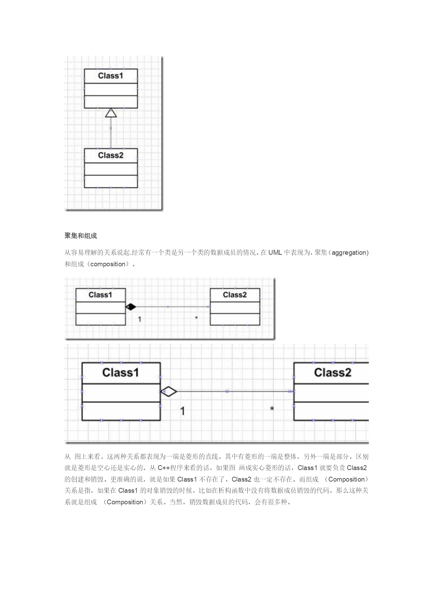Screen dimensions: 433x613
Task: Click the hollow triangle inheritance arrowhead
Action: (x=111, y=113)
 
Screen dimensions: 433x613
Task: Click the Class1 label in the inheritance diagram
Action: (x=111, y=75)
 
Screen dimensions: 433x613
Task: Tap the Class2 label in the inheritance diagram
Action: (x=111, y=155)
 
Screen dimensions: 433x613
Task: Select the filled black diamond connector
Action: (x=131, y=307)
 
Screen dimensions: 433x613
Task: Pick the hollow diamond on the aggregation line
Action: (x=169, y=392)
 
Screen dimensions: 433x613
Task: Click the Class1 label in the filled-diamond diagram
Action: (x=100, y=295)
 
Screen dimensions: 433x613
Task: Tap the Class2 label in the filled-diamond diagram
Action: (x=235, y=295)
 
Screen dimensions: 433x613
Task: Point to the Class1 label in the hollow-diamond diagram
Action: (x=121, y=373)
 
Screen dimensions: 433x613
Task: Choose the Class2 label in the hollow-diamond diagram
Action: (x=333, y=373)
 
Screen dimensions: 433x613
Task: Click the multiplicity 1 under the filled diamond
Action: (x=140, y=319)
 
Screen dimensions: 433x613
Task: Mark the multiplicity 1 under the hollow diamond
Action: (x=182, y=411)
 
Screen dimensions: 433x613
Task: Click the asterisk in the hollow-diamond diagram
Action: (x=272, y=409)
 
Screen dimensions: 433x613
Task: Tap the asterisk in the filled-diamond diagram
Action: (x=196, y=318)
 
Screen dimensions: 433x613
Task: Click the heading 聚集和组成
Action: (x=81, y=236)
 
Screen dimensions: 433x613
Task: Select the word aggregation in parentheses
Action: (x=349, y=253)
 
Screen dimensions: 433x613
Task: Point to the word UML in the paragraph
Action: (x=275, y=252)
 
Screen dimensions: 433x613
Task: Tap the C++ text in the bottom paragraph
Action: (x=164, y=468)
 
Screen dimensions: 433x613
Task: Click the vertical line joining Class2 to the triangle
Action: (x=111, y=133)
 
